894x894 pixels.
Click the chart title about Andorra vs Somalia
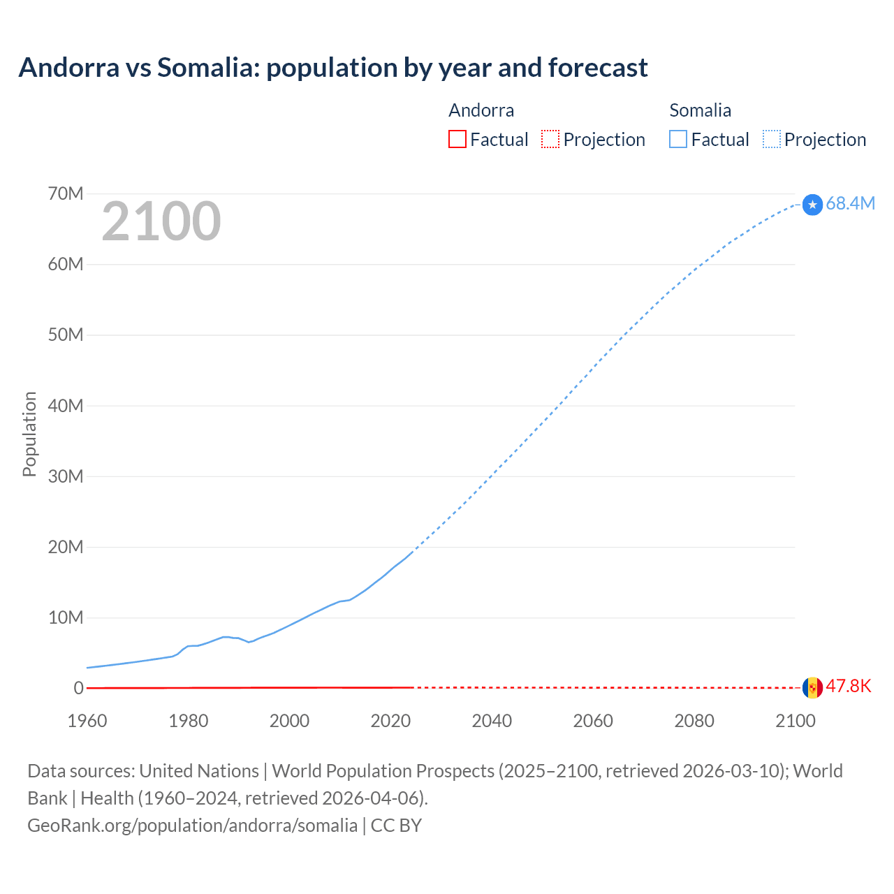333,68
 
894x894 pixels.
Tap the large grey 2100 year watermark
161,221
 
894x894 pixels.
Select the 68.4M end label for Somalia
850,203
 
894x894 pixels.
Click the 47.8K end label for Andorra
849,686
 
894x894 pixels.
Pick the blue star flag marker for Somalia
812,205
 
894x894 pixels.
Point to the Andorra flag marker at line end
812,688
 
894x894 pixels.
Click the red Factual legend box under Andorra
457,139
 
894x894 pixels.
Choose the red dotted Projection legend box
550,139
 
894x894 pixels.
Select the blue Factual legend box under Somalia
678,139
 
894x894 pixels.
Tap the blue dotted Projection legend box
772,139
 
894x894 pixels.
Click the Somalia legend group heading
700,110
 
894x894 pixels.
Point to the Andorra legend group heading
481,110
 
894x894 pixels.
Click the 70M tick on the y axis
66,193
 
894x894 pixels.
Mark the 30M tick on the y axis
66,476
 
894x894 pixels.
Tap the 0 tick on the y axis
78,688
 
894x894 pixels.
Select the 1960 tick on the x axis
87,721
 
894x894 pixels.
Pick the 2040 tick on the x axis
492,721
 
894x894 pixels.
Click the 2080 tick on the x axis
694,721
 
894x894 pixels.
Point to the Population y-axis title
29,434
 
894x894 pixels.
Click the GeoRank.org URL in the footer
192,826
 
